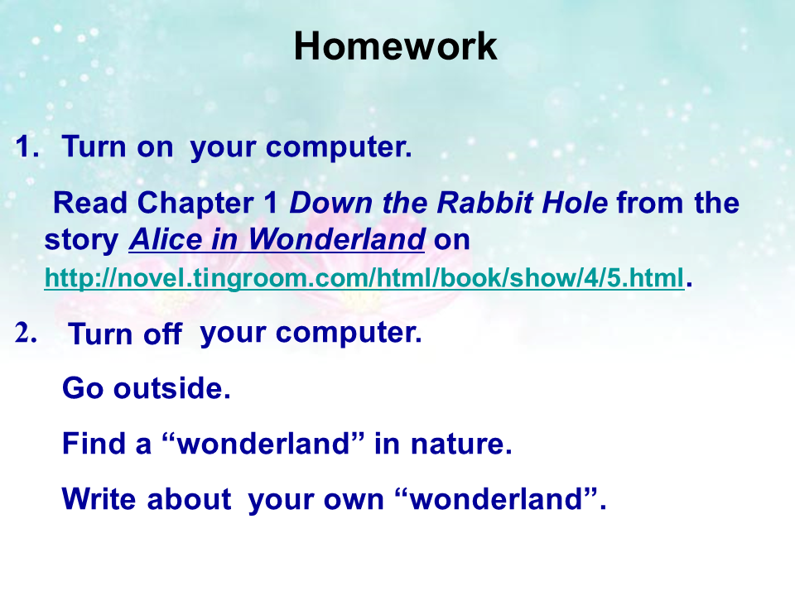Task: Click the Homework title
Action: pos(396,46)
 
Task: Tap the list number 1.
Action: pos(26,147)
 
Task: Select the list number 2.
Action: pos(26,333)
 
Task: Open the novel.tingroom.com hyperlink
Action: pos(364,278)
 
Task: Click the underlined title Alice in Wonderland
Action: pos(277,239)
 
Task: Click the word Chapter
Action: pos(195,204)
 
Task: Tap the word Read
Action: pos(90,203)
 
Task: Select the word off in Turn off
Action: pos(162,334)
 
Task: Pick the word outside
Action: pos(172,388)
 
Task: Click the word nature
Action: pos(461,444)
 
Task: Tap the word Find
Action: pos(94,444)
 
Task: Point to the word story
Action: pos(82,240)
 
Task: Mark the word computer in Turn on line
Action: pos(339,148)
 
